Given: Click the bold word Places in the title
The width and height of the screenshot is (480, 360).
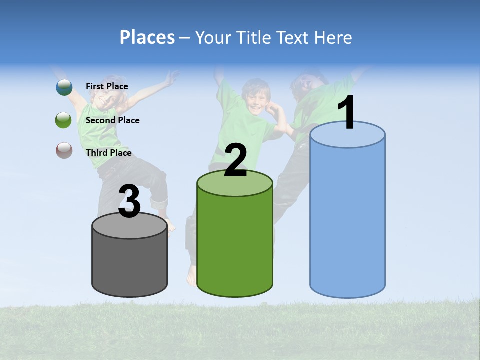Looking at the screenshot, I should pyautogui.click(x=147, y=37).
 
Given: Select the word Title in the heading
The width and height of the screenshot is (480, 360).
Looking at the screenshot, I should pyautogui.click(x=251, y=37).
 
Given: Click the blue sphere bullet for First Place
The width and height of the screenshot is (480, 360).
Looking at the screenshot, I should pyautogui.click(x=64, y=87).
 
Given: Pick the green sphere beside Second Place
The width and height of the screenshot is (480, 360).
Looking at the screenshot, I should pyautogui.click(x=64, y=120).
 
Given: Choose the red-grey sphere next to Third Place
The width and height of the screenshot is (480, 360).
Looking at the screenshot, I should pyautogui.click(x=64, y=150).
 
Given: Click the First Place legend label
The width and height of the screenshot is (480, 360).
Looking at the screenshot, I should pyautogui.click(x=107, y=86).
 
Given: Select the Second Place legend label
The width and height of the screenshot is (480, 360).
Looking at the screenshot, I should pyautogui.click(x=112, y=120).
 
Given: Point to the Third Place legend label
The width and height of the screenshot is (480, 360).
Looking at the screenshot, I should pyautogui.click(x=108, y=153).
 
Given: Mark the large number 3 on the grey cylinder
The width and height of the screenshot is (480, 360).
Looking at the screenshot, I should pyautogui.click(x=130, y=202).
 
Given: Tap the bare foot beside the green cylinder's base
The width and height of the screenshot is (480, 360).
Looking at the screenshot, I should pyautogui.click(x=191, y=275).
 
